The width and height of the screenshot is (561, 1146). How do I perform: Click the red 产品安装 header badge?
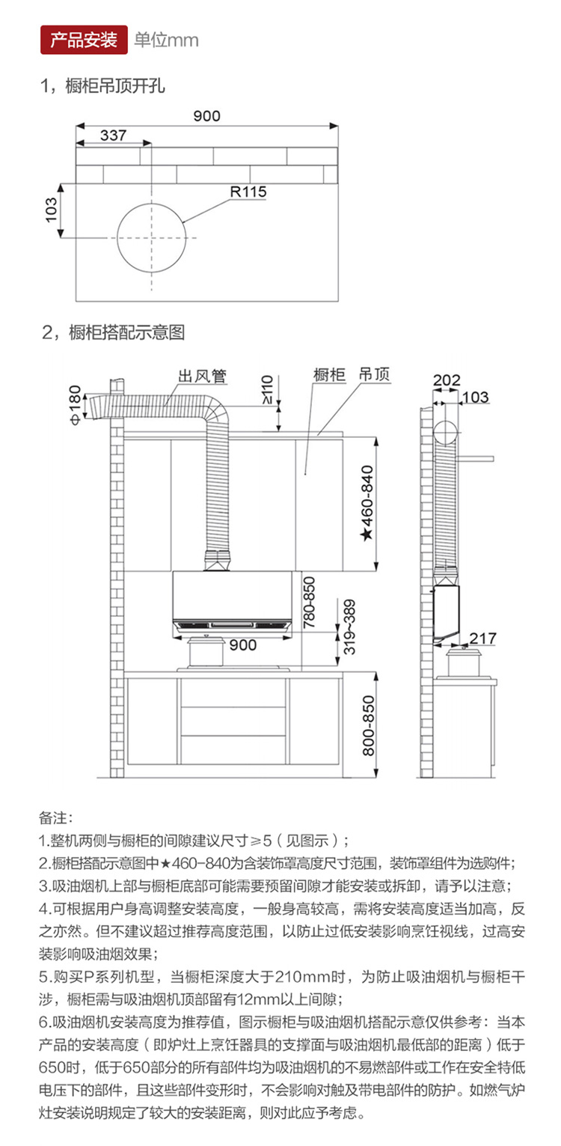pos(84,40)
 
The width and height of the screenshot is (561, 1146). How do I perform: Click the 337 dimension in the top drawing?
pos(113,135)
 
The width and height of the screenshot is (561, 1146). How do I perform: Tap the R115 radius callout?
pos(248,192)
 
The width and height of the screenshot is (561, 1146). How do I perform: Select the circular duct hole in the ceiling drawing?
pos(152,237)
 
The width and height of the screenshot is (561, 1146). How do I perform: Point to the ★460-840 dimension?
pos(367,503)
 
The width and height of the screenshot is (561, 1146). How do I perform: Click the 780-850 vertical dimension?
pos(310,601)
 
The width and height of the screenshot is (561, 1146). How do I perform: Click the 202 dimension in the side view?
pos(447,380)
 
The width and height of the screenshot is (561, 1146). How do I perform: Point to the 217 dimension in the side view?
pos(483,638)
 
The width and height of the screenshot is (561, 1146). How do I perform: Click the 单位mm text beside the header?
pos(166,40)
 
